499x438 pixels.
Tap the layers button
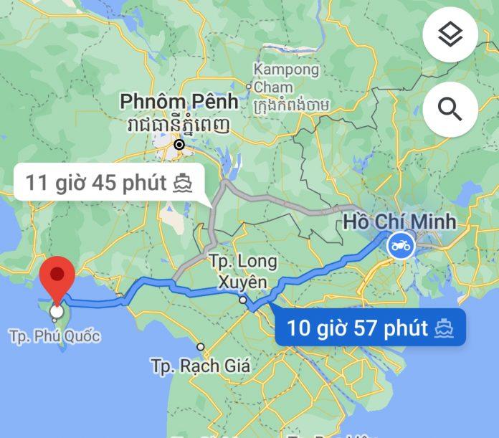click(x=450, y=34)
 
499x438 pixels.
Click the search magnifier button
click(x=450, y=109)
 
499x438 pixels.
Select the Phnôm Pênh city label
click(x=174, y=101)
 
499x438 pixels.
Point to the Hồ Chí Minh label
click(x=399, y=221)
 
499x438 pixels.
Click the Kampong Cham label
click(x=285, y=79)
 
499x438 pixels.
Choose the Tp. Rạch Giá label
click(x=201, y=366)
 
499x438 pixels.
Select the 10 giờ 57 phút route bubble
click(x=370, y=328)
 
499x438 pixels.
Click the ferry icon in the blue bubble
click(x=445, y=329)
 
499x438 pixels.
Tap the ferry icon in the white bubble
click(x=184, y=183)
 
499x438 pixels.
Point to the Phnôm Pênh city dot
click(x=179, y=144)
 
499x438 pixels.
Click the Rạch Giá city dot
click(x=201, y=347)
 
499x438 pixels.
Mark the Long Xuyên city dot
click(x=243, y=300)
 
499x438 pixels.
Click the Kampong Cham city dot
click(x=249, y=87)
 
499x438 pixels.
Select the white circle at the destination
click(x=57, y=312)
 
